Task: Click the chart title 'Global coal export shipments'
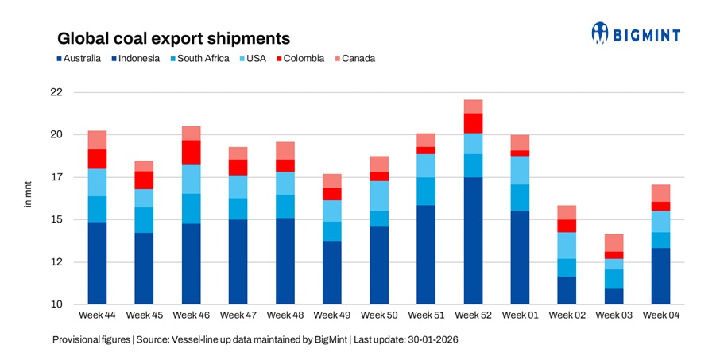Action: coord(172,38)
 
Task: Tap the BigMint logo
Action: coord(636,33)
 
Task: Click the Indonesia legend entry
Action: coord(139,58)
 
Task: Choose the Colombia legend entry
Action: coord(298,58)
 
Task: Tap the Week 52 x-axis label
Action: coord(474,315)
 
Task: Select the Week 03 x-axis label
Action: coord(615,315)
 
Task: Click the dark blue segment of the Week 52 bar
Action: coord(474,241)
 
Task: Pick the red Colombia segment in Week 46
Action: coord(192,152)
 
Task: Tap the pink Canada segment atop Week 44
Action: coord(98,140)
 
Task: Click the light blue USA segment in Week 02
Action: coord(568,246)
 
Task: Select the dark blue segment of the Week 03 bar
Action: coord(615,296)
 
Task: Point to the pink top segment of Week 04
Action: coord(662,193)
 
